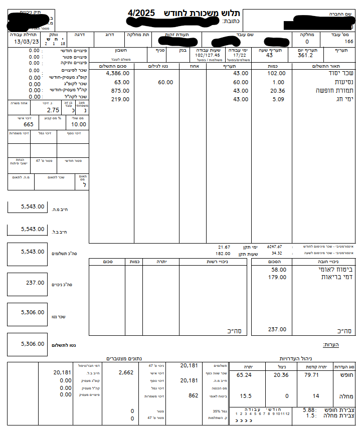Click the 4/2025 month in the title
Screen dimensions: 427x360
141,12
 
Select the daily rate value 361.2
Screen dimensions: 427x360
305,56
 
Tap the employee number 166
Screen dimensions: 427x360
349,42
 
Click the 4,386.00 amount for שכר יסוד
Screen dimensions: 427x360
118,73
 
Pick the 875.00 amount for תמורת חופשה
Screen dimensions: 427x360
120,91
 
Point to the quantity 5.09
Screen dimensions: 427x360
277,99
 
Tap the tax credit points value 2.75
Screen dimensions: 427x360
53,110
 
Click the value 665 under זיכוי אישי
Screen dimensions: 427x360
29,124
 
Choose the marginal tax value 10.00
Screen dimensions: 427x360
78,124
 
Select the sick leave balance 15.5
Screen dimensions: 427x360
245,396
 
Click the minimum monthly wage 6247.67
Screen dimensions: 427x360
274,247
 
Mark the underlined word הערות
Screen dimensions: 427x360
331,344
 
